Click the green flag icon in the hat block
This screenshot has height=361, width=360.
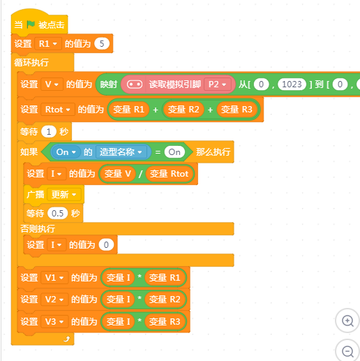(31, 24)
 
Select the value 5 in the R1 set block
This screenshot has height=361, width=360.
(102, 43)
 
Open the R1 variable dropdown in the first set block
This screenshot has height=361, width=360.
(48, 43)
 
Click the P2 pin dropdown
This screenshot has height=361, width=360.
(218, 84)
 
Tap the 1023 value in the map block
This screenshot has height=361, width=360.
(292, 84)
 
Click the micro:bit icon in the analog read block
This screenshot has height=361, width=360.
(135, 84)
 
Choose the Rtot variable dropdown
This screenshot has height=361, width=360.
(58, 110)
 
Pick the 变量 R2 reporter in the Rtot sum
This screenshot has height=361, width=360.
(183, 110)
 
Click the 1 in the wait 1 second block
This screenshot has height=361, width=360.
(49, 132)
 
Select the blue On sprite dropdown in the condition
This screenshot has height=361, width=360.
(66, 152)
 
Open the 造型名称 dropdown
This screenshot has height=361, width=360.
(121, 152)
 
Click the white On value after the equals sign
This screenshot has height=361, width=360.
(174, 152)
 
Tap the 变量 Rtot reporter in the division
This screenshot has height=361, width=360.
(169, 174)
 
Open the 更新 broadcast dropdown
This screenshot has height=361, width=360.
(64, 194)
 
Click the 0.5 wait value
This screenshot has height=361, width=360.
(57, 213)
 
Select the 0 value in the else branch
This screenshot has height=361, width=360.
(106, 245)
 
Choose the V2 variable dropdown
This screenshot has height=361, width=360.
(54, 300)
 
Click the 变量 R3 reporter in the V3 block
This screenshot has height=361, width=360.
(165, 322)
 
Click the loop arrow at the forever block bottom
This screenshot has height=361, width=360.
(67, 339)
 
